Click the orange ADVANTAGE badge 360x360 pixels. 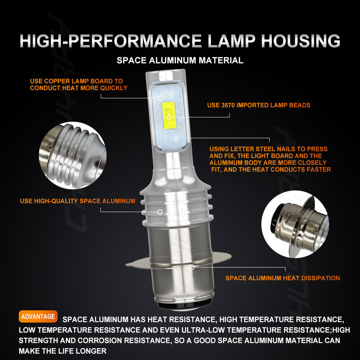(38, 317)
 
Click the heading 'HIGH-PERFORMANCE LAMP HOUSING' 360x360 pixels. (180, 41)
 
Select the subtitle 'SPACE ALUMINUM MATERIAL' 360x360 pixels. (180, 60)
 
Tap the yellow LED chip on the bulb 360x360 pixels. (169, 115)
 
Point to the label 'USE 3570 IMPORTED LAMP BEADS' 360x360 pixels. (258, 105)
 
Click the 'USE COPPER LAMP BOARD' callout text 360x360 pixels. (78, 85)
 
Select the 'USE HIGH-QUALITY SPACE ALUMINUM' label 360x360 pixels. (78, 201)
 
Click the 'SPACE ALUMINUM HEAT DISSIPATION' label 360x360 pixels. (283, 278)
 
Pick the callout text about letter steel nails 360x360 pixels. (270, 159)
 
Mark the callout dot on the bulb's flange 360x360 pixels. (192, 267)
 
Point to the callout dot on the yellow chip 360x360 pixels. (170, 117)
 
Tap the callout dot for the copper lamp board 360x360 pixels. (160, 98)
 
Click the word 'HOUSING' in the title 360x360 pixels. (301, 41)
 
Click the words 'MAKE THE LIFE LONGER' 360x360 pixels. (63, 351)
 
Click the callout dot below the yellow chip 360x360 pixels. (176, 138)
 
